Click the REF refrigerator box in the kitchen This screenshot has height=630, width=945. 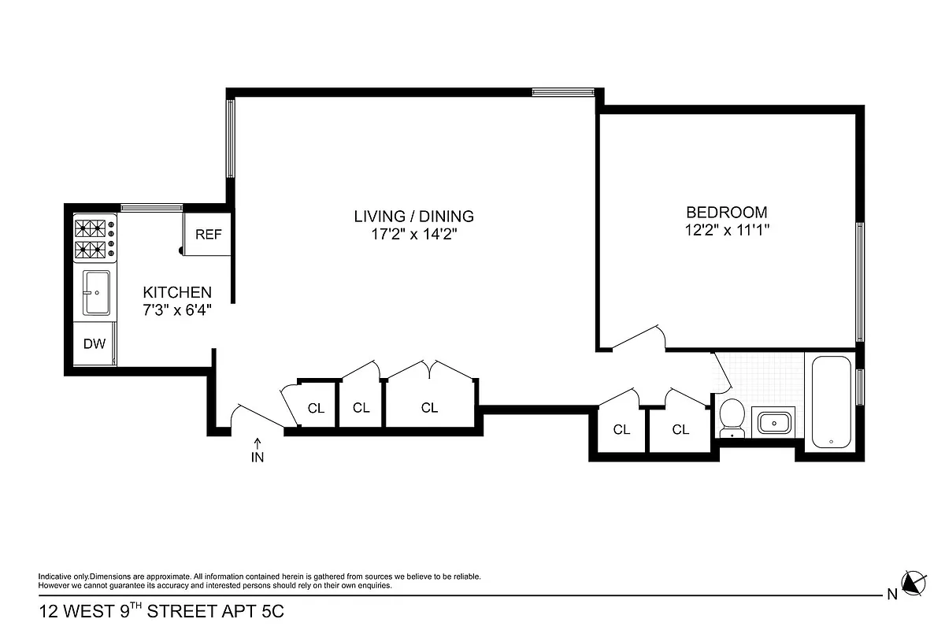[208, 234]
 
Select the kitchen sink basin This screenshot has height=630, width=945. [96, 293]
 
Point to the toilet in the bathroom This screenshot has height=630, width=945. [732, 417]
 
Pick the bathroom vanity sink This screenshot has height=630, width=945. [775, 424]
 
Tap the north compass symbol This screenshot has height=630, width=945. [911, 583]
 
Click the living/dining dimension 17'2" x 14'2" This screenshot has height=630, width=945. [413, 234]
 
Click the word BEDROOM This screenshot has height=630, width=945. [726, 212]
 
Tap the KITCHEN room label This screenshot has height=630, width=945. [176, 292]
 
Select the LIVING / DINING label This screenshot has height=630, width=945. [413, 216]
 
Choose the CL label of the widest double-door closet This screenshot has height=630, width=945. [429, 407]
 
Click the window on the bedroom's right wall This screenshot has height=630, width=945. [860, 282]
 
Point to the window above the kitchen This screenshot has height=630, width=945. [151, 208]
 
